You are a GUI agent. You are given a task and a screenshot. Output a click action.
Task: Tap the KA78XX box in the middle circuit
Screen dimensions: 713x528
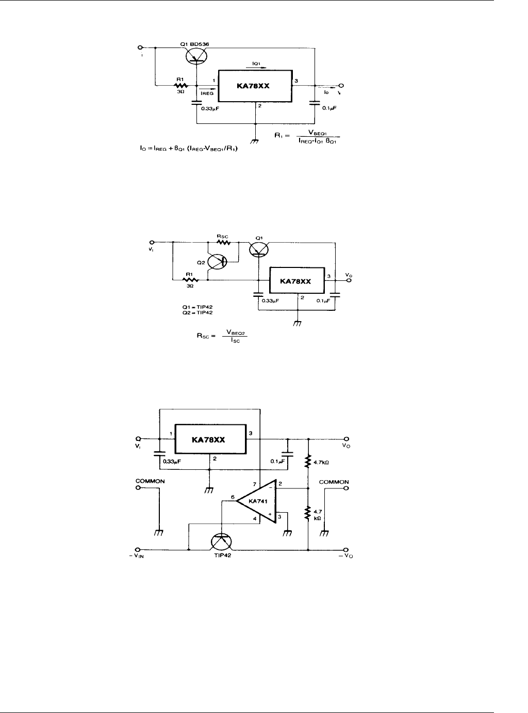297,281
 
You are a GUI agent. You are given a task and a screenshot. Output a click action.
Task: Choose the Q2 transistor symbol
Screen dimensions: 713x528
217,261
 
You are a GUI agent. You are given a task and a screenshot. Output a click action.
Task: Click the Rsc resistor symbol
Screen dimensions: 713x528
224,243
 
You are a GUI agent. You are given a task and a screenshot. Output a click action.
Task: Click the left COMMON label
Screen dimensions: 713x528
150,481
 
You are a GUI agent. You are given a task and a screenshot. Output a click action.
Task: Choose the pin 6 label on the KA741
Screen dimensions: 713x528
232,497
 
